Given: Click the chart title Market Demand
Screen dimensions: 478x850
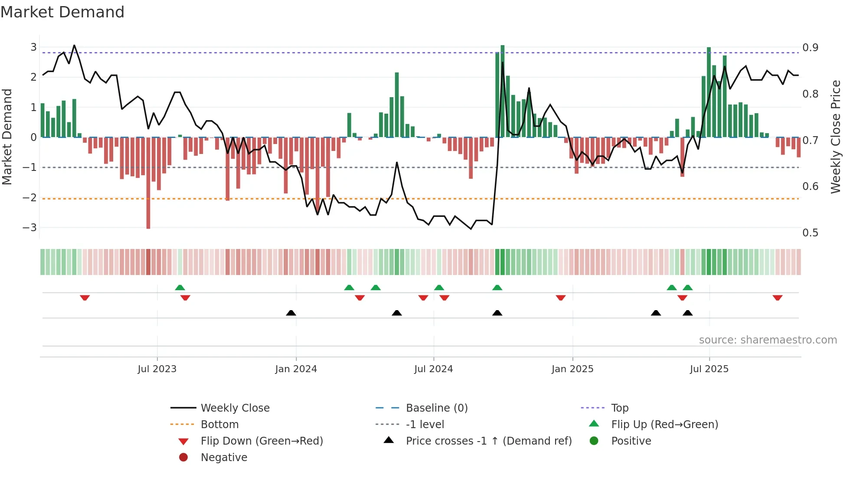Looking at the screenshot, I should tap(62, 12).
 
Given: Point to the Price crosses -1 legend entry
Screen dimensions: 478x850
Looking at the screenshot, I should tap(488, 441).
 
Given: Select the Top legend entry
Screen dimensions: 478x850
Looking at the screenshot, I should tap(619, 408).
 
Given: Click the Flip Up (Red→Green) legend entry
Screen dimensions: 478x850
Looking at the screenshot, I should tap(664, 424).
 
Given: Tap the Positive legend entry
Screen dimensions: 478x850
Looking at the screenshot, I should tap(631, 441).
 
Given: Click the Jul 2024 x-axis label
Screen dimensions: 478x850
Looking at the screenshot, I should tap(433, 369).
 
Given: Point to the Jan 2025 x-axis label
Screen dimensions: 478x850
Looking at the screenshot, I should tap(572, 369).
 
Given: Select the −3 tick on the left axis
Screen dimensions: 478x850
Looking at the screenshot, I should tap(29, 227).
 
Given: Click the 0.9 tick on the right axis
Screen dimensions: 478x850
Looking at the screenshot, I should tap(810, 47).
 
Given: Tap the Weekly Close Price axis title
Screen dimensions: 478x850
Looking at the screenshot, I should tap(835, 137).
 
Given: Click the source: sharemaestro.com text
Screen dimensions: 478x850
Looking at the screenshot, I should tap(768, 340).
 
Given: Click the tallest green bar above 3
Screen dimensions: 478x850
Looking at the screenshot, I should tap(502, 87).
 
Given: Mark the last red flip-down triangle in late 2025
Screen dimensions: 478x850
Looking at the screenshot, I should tap(777, 298).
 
